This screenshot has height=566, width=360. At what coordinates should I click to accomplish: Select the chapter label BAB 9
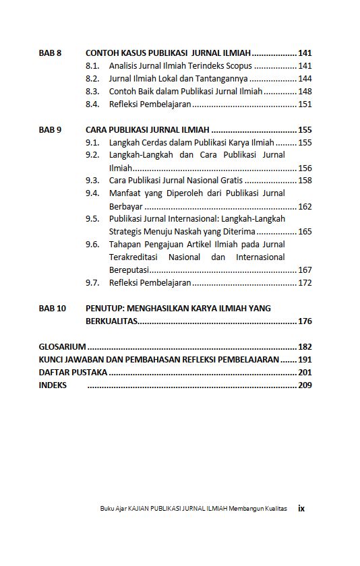click(x=51, y=130)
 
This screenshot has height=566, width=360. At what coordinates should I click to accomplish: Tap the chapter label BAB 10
click(x=53, y=309)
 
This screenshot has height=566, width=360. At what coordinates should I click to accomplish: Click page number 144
click(x=305, y=79)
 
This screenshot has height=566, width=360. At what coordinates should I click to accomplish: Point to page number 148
click(x=305, y=92)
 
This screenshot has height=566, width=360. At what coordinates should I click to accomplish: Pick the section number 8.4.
click(x=93, y=104)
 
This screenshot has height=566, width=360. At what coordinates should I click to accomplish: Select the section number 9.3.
click(x=93, y=181)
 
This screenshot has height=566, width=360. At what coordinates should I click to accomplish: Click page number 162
click(x=305, y=207)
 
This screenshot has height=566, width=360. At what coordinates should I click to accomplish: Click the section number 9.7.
click(x=93, y=283)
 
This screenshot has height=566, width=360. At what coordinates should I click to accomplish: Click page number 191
click(x=305, y=360)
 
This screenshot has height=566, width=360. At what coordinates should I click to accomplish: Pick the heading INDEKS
click(x=53, y=385)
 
